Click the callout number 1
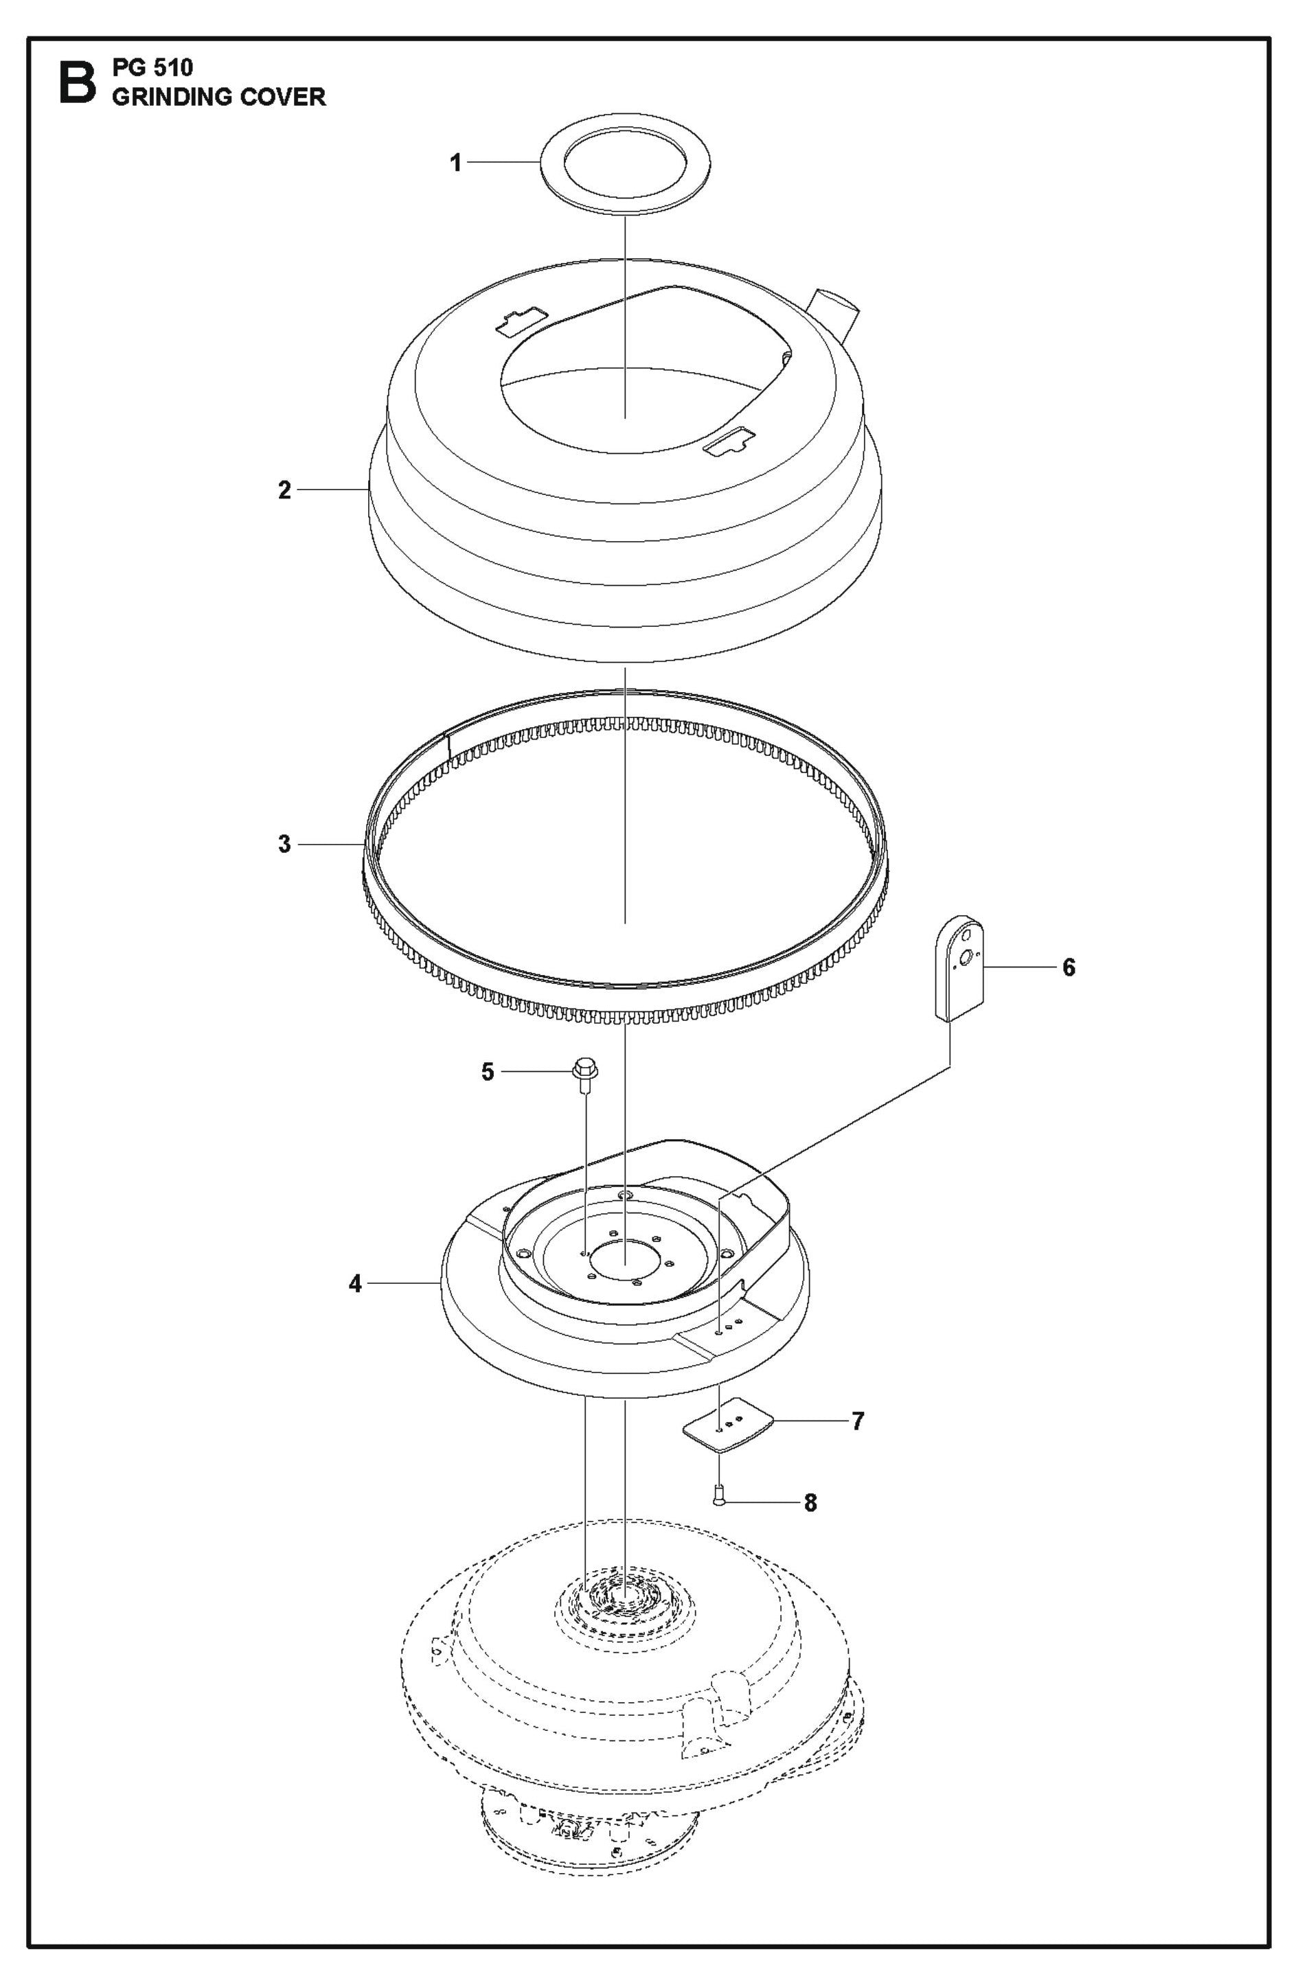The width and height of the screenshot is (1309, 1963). point(456,163)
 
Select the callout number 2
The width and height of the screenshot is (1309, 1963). point(285,490)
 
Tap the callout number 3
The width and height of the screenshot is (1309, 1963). point(285,844)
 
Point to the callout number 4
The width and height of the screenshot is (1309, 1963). point(356,1284)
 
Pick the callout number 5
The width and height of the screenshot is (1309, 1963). point(488,1072)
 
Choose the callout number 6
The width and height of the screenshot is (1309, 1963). point(1069,967)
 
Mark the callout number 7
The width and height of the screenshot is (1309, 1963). point(857,1421)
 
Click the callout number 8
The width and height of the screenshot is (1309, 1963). point(810,1503)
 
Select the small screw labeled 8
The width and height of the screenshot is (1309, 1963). point(717,1501)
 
